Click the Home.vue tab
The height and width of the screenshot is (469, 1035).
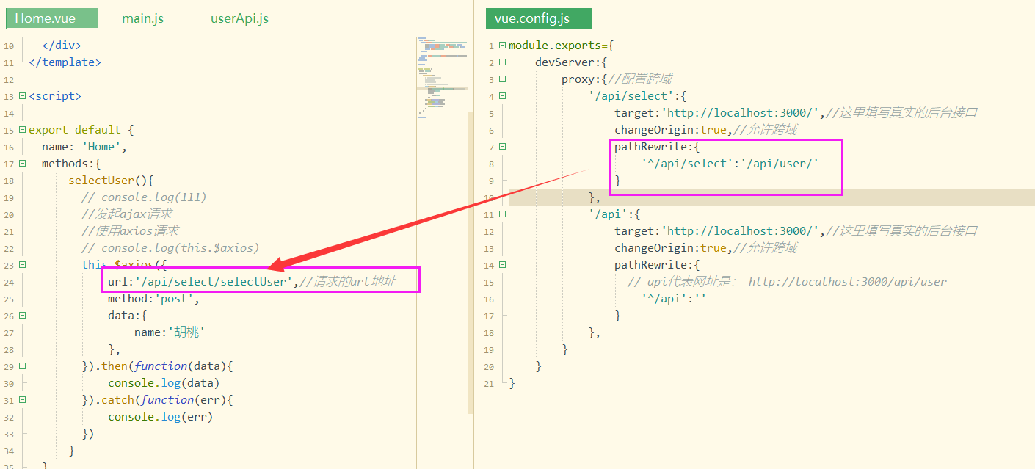[x=46, y=18]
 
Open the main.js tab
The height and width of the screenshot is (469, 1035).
[x=142, y=18]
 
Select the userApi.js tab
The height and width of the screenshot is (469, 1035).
[x=239, y=18]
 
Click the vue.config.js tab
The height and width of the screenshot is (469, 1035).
[x=533, y=18]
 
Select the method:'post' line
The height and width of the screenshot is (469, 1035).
[x=153, y=299]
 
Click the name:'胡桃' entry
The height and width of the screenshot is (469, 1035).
[x=169, y=332]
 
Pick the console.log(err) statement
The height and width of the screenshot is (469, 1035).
[x=160, y=417]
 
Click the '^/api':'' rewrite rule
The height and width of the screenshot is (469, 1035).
[x=673, y=299]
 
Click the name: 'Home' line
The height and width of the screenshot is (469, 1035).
[x=84, y=147]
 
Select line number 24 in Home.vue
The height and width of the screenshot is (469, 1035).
[x=9, y=283]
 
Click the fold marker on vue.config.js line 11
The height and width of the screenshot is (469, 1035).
[x=502, y=214]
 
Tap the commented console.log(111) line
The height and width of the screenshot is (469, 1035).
[x=144, y=197]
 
